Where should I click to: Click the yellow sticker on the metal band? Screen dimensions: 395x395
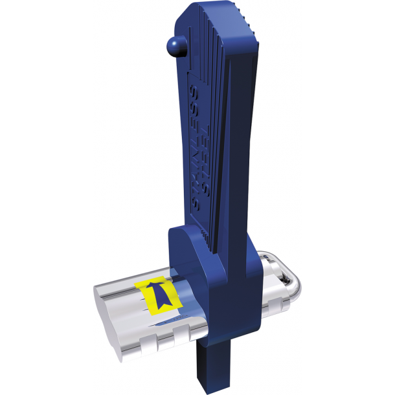(x=158, y=295)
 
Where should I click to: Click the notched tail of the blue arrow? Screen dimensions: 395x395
(x=164, y=306)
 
